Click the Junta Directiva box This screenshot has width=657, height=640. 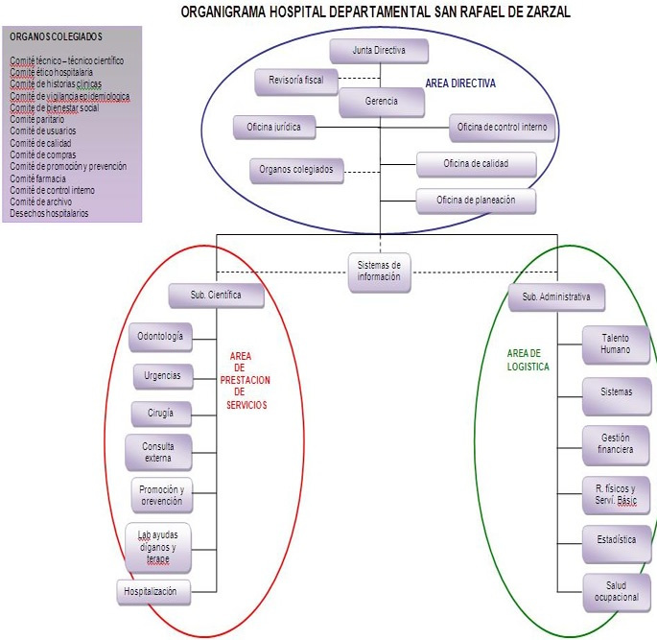point(379,51)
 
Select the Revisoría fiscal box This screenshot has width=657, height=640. point(294,82)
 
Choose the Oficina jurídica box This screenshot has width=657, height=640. point(274,127)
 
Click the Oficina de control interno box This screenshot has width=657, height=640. point(502,128)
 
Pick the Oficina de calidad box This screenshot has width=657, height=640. point(476,164)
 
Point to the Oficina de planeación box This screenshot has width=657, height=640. point(476,201)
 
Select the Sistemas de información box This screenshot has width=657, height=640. point(378,272)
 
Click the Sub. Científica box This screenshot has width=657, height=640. point(217,296)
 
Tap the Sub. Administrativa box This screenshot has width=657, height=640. point(556,297)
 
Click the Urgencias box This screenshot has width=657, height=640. point(162,375)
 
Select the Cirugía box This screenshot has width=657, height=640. point(159,413)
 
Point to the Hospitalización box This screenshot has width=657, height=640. point(153,592)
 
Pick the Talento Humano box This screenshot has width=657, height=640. point(616,344)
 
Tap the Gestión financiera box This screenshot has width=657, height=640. point(616,441)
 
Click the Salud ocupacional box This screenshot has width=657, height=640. point(616,590)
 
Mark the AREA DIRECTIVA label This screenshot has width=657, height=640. point(460,84)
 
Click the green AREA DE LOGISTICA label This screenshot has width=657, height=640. point(528,360)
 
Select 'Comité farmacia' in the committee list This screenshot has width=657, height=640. point(37,178)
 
